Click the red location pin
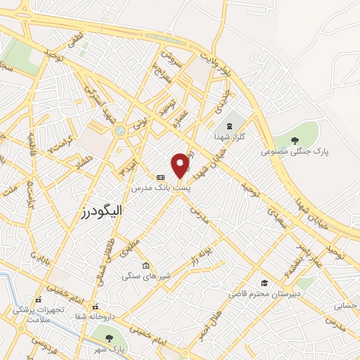181,165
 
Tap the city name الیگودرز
103,210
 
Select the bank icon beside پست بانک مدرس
160,176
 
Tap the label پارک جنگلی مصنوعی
294,150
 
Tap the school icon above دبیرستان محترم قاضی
264,281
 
